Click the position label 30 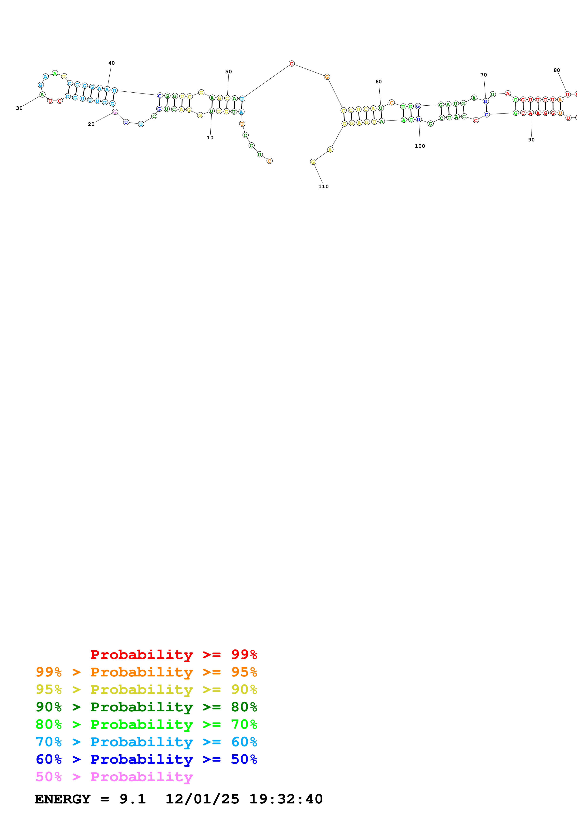(19, 108)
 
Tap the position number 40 (112, 63)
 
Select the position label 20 (91, 124)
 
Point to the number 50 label (228, 71)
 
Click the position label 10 (210, 137)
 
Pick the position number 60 (379, 81)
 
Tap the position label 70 (483, 75)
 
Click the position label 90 (531, 140)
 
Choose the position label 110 (324, 186)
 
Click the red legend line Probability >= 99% (173, 654)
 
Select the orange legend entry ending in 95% (146, 672)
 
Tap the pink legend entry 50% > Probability (114, 776)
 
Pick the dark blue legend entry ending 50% (146, 759)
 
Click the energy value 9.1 (133, 799)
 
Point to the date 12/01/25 (202, 799)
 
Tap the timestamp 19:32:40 (286, 799)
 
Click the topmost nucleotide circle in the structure (291, 64)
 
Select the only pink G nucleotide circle (115, 112)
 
